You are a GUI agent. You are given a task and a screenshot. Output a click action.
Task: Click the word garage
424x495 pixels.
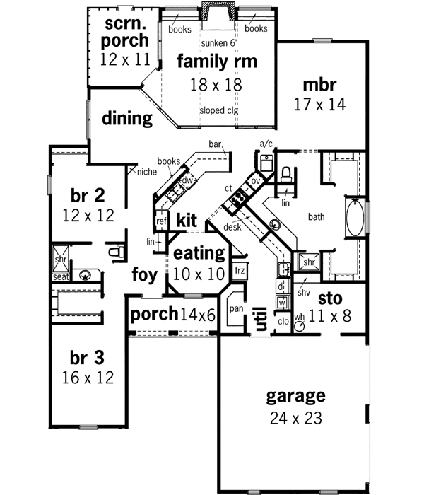pyautogui.click(x=295, y=395)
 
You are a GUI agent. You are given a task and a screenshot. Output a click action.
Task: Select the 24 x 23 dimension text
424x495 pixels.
pyautogui.click(x=295, y=417)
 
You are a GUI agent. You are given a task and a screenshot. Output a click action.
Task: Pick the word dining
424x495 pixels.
pyautogui.click(x=127, y=118)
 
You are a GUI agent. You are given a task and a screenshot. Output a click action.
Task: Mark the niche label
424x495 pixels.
pyautogui.click(x=147, y=171)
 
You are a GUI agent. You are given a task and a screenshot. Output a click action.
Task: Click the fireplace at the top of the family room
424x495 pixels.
pyautogui.click(x=215, y=13)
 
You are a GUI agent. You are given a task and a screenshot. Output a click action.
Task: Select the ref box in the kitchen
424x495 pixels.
pyautogui.click(x=160, y=221)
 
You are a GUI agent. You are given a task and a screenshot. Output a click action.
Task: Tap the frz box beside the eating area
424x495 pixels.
pyautogui.click(x=240, y=270)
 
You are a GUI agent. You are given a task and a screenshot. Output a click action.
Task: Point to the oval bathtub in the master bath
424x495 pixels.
pyautogui.click(x=355, y=217)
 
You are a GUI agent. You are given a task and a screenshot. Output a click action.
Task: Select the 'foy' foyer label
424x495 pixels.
pyautogui.click(x=144, y=273)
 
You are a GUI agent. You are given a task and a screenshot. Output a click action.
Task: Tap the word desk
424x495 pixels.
pyautogui.click(x=232, y=227)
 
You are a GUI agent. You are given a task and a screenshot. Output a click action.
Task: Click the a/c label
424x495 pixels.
pyautogui.click(x=266, y=144)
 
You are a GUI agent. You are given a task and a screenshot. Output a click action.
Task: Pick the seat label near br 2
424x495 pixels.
pyautogui.click(x=60, y=277)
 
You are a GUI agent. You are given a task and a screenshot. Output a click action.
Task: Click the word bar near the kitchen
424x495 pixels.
pyautogui.click(x=215, y=144)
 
